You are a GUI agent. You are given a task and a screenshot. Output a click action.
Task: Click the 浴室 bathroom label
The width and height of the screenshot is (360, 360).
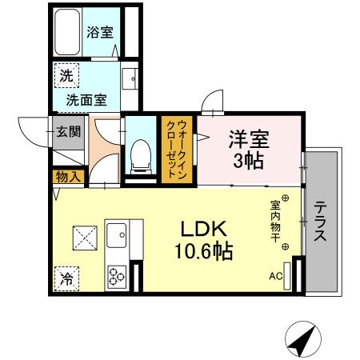point(99,34)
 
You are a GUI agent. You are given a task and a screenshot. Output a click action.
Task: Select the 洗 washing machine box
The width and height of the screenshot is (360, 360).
point(66,77)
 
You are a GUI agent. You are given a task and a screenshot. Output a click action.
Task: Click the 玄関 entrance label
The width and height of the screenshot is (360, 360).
point(68,131)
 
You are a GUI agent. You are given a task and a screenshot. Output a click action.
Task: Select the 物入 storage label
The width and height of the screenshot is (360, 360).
point(68,176)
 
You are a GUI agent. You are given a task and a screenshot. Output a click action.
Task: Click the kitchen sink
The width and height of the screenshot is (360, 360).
point(118,238)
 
